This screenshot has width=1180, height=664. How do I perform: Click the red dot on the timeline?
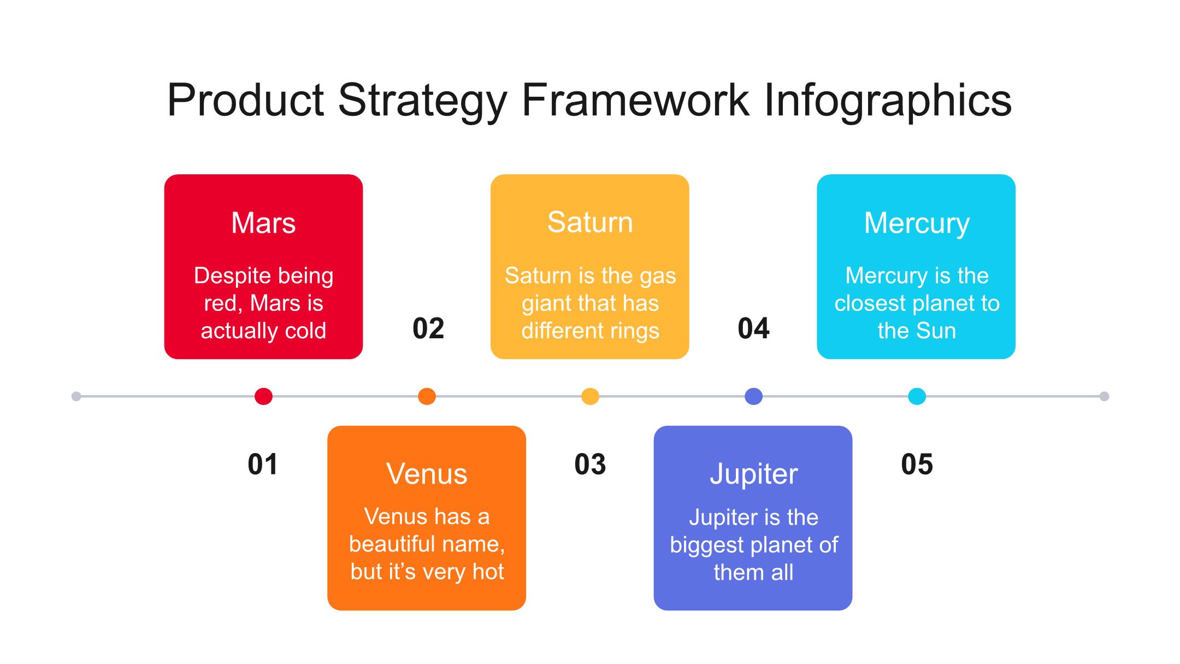click(x=263, y=396)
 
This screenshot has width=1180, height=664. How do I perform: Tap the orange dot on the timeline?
click(x=427, y=396)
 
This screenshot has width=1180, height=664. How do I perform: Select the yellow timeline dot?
click(x=590, y=396)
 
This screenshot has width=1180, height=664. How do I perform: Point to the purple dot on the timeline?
click(x=753, y=396)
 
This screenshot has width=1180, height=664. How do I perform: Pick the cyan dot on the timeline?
click(x=917, y=396)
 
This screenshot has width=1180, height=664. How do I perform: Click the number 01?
click(x=263, y=465)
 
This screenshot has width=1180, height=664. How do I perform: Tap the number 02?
click(x=428, y=328)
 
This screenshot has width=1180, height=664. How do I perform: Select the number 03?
click(x=590, y=465)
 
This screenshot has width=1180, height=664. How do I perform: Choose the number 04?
click(x=753, y=328)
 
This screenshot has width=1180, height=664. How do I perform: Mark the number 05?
click(x=917, y=465)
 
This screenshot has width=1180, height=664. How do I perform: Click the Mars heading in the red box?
click(x=263, y=223)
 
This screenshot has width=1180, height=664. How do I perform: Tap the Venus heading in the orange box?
click(x=427, y=474)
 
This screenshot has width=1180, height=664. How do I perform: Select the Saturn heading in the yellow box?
click(x=590, y=222)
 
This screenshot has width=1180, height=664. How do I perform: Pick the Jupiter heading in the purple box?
click(x=754, y=474)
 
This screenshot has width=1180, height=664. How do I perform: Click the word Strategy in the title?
click(x=423, y=102)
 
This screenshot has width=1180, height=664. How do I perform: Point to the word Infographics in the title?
click(x=888, y=101)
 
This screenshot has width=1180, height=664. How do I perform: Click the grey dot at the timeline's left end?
click(x=76, y=396)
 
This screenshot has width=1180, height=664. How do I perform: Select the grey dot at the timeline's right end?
click(x=1104, y=396)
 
